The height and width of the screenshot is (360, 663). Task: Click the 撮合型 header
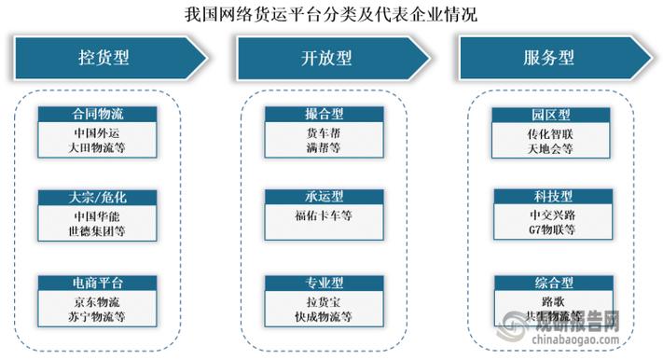click(x=323, y=115)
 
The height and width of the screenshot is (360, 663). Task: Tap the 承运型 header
click(x=323, y=198)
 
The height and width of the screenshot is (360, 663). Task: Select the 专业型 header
click(x=323, y=283)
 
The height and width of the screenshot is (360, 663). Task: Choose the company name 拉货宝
click(x=323, y=301)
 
